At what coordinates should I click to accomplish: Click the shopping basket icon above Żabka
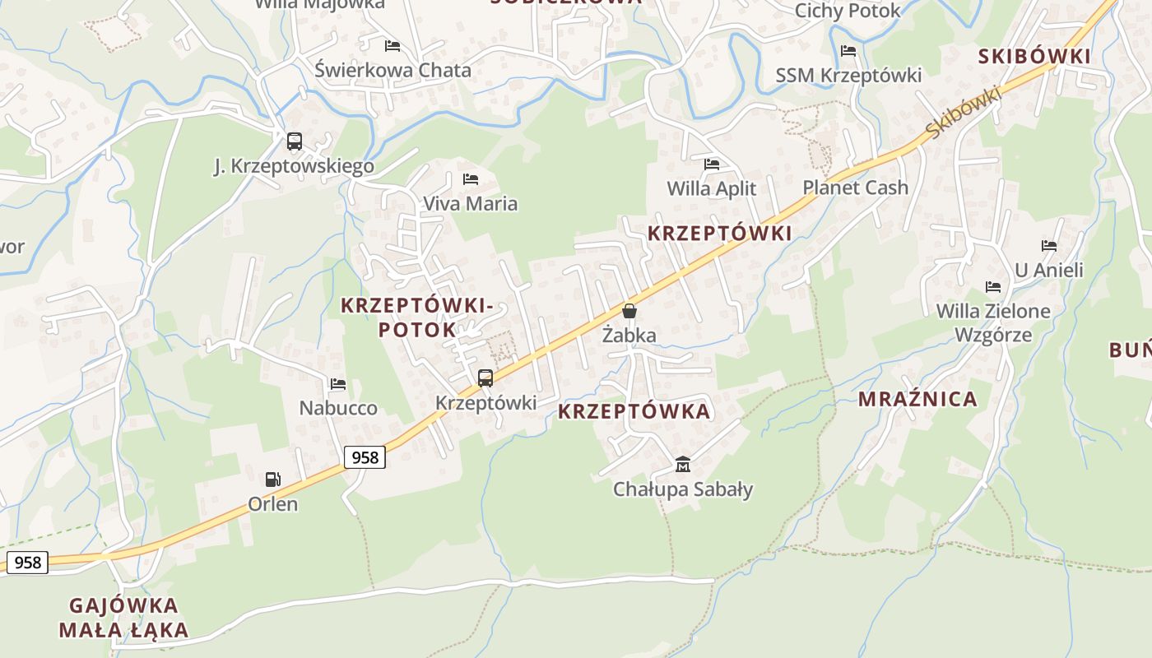point(629,311)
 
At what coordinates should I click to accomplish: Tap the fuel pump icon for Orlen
point(272,479)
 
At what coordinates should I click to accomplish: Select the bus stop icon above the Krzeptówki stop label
point(485,378)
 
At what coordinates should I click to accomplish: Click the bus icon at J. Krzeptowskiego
point(295,141)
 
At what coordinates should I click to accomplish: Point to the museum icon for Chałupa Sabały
point(682,465)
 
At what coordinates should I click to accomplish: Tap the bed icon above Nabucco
point(338,383)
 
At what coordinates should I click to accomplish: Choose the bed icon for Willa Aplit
point(712,164)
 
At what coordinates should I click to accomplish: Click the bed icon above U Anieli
point(1049,245)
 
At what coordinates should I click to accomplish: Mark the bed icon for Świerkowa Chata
point(393,46)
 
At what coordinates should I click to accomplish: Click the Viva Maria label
point(470,203)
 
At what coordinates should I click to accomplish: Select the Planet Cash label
point(856,188)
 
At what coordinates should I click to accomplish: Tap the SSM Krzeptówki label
point(848,76)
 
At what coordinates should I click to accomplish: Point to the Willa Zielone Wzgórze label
point(993,322)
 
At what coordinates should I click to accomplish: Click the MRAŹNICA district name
point(918,400)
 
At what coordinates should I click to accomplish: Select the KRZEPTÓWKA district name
point(634,411)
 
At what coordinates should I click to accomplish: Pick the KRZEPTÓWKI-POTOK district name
point(417,317)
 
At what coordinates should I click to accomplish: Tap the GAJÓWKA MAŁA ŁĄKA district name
point(123,618)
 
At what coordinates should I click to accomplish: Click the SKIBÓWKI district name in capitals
point(1034,57)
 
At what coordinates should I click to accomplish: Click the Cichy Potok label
point(848,11)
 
